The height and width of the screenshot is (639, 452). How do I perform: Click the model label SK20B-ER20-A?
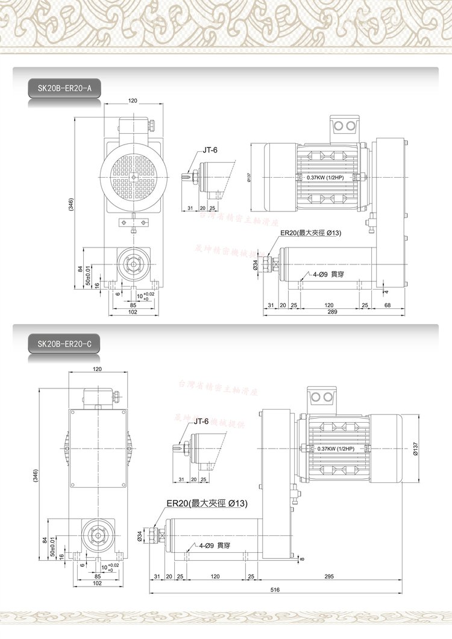click(64, 89)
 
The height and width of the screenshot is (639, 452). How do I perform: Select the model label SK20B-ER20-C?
click(64, 344)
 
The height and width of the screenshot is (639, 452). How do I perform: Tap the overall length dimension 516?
click(275, 590)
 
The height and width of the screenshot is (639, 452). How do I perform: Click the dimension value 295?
click(330, 576)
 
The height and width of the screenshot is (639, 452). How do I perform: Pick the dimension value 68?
click(388, 305)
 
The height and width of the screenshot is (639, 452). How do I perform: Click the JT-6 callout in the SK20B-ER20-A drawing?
click(210, 151)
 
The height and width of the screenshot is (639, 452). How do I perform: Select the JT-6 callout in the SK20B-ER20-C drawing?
click(201, 421)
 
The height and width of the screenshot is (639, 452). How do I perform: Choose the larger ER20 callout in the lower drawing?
click(207, 503)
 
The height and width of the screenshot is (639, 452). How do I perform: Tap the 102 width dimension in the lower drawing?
click(97, 583)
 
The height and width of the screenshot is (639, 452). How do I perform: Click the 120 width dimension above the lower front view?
click(97, 369)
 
